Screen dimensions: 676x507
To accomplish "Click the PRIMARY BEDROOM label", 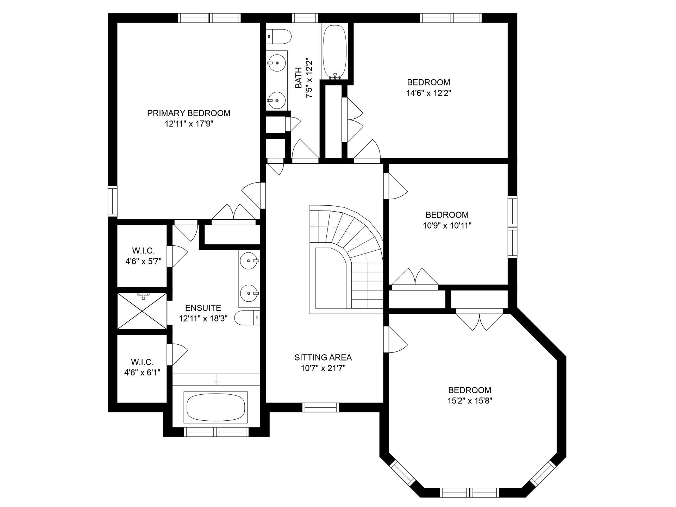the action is click(189, 113).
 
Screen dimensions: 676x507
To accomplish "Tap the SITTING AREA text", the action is click(323, 358).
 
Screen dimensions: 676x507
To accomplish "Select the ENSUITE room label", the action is click(203, 308).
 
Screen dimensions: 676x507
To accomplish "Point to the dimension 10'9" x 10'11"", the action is click(447, 226).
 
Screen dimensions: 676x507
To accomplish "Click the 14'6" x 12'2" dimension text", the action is click(428, 93).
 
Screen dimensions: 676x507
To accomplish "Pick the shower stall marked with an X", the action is click(142, 311).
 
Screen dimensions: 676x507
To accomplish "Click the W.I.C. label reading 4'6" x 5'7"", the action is click(143, 256).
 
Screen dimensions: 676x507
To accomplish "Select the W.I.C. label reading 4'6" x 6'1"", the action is click(142, 367).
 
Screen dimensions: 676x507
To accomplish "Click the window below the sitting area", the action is click(321, 407).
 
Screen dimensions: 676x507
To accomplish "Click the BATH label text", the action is click(299, 78).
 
